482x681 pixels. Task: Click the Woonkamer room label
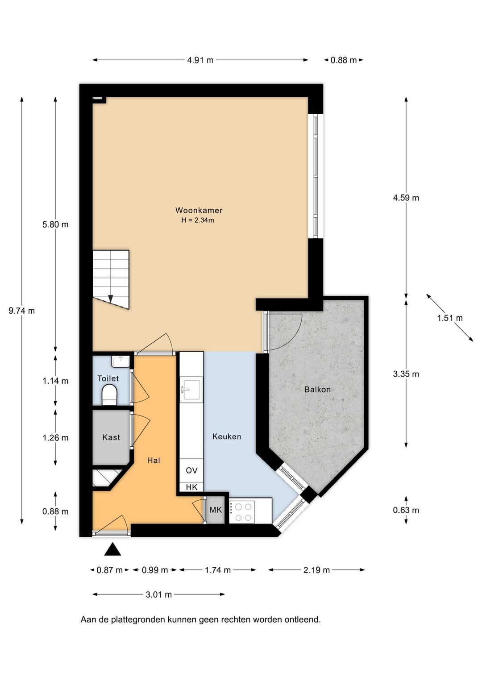199,210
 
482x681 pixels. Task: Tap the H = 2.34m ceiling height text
197,220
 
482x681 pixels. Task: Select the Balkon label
317,389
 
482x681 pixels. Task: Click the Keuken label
227,436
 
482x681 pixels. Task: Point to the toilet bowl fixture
109,395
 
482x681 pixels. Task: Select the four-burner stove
242,512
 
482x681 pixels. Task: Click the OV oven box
191,470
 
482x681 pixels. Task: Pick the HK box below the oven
191,487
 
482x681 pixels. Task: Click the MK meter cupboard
216,510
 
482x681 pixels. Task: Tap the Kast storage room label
111,437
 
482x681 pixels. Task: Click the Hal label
154,460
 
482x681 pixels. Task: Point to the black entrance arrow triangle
112,550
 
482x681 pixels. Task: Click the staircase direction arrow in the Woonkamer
111,299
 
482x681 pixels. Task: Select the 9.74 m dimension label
21,311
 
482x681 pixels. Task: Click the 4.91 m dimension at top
200,60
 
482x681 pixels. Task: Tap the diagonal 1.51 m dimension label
449,318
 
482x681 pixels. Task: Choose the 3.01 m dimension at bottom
158,594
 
